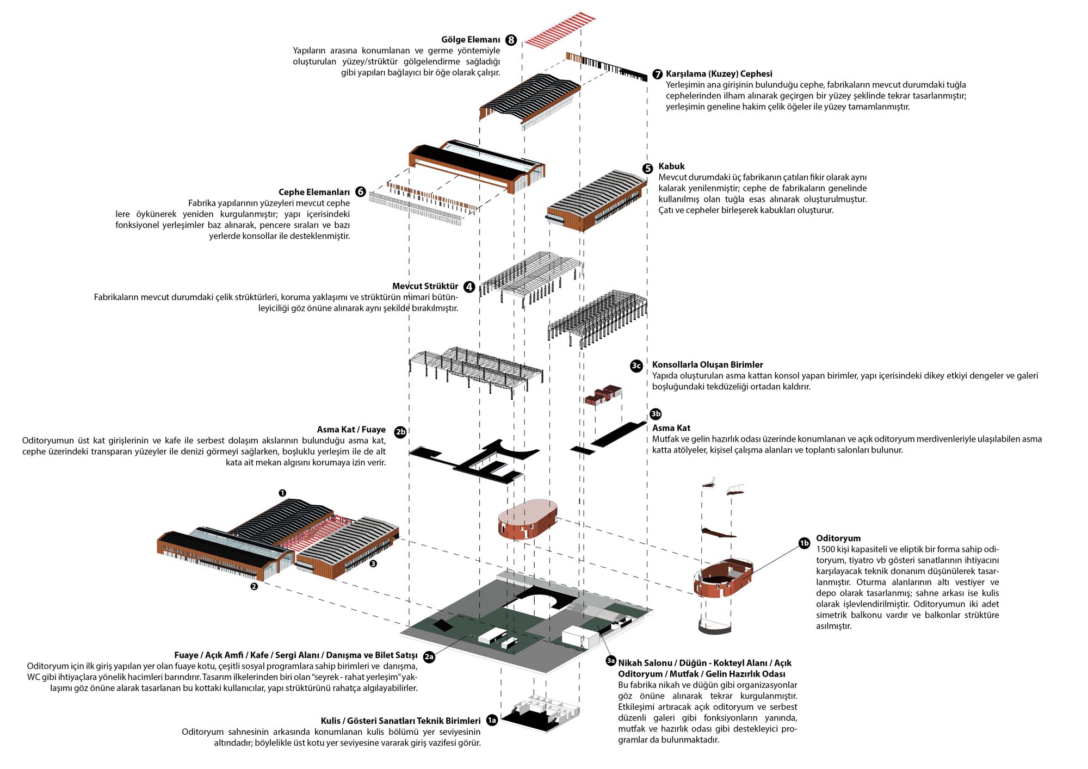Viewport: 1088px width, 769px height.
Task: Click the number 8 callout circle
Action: point(511,40)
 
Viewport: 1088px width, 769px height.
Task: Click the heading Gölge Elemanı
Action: point(471,40)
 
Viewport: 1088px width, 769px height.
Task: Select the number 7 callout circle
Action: point(657,74)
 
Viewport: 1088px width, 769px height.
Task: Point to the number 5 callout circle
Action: point(647,169)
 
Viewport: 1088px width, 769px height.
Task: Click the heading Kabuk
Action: point(671,166)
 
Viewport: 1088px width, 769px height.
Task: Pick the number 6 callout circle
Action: point(360,192)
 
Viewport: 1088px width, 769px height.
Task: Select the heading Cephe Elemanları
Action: point(314,192)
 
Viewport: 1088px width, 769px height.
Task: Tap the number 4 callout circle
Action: point(469,287)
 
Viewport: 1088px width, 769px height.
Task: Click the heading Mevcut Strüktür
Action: point(425,287)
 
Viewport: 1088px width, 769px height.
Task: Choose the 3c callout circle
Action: point(636,365)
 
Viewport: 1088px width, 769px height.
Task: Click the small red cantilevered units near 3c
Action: point(603,395)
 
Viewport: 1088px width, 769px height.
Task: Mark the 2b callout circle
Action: point(400,432)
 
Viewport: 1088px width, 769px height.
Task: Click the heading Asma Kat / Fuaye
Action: point(351,430)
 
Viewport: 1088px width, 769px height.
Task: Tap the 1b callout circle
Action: point(804,543)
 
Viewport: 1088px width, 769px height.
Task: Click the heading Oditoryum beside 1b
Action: point(838,538)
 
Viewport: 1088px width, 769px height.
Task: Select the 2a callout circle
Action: point(429,656)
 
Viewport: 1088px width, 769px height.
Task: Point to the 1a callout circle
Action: point(492,721)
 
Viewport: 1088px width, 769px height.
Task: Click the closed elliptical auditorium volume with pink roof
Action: point(528,519)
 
